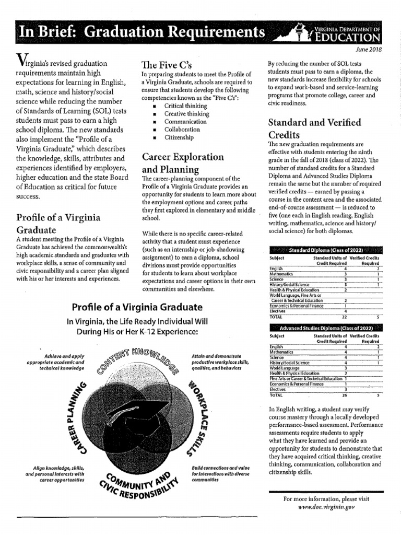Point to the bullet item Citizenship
pos(179,137)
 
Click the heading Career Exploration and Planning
pos(183,163)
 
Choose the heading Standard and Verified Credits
pos(314,129)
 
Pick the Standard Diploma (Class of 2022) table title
pos(324,250)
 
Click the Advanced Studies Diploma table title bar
pos(324,328)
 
